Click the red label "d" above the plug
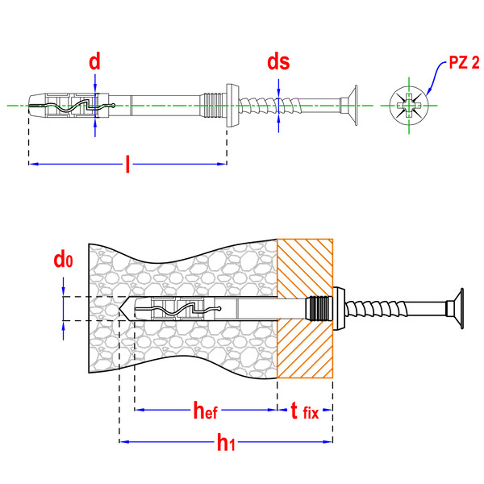94,61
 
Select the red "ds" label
278,61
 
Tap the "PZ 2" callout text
464,62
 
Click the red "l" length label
127,164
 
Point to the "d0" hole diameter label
63,260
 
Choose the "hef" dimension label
205,410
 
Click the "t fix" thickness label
305,411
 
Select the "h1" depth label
226,442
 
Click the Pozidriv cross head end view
409,105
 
